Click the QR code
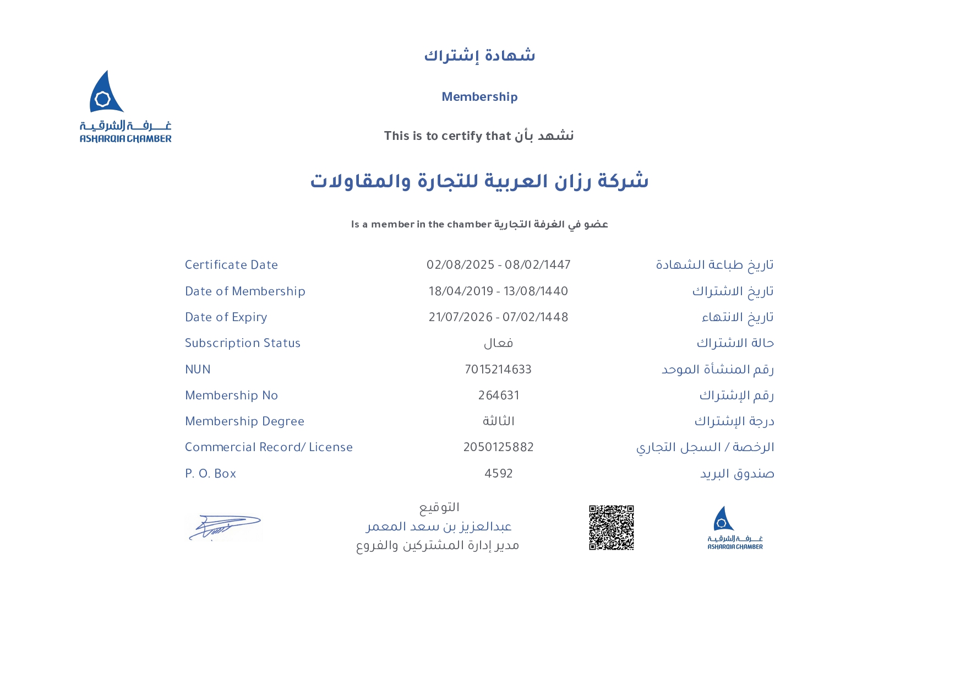tap(611, 527)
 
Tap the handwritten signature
tap(225, 528)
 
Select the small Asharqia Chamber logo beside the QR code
tap(735, 528)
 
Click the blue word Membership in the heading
tap(479, 97)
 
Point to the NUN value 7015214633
tap(498, 370)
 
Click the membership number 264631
tap(499, 395)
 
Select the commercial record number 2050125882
tap(499, 447)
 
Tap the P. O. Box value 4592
tap(499, 474)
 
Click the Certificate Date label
tap(231, 265)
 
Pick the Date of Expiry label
tap(226, 317)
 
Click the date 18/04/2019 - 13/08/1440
tap(498, 291)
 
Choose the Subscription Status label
tap(243, 343)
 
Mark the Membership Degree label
tap(244, 421)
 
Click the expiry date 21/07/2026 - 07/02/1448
tap(498, 317)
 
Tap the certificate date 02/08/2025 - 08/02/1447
tap(498, 265)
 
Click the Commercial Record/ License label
tap(269, 447)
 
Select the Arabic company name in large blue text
tap(479, 181)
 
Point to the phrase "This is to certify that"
tap(447, 136)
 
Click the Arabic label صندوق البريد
tap(737, 474)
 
